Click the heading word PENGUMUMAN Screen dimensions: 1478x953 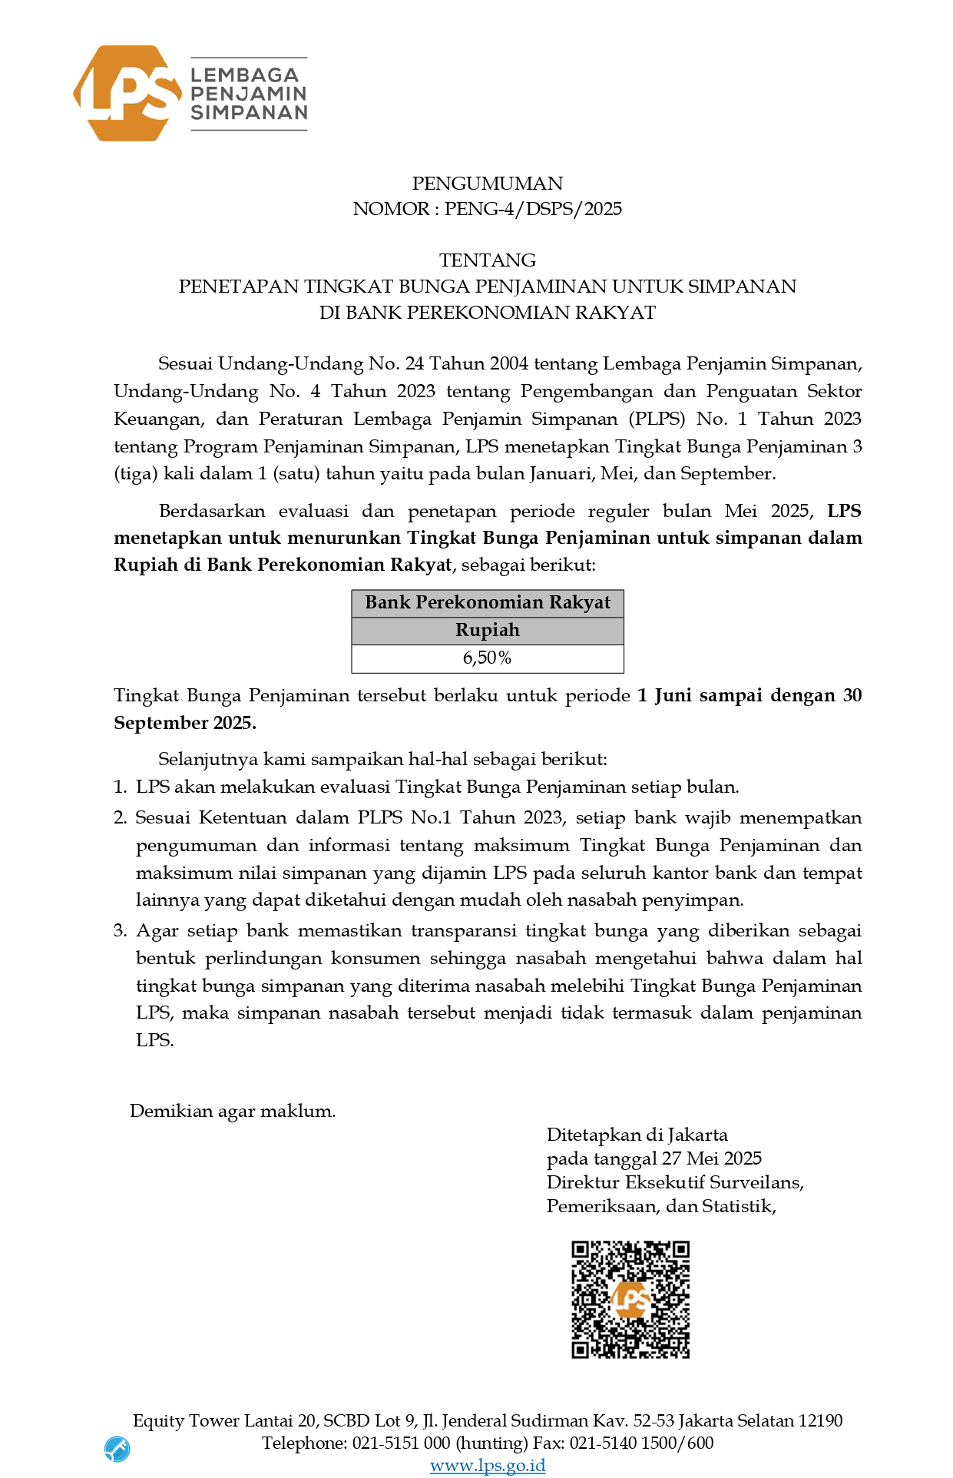tap(487, 184)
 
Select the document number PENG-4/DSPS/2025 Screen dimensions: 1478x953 tap(533, 209)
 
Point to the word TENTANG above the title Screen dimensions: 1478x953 tap(487, 260)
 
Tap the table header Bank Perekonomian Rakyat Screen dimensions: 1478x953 tap(487, 603)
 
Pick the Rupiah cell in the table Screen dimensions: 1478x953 tap(487, 631)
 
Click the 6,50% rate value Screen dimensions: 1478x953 tap(487, 658)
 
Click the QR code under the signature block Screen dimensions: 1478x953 tap(630, 1299)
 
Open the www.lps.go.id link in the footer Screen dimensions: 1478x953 tap(487, 1466)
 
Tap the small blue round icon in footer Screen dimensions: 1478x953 tap(117, 1449)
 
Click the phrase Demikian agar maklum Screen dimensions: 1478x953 tap(232, 1111)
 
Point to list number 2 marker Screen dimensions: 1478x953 tap(120, 817)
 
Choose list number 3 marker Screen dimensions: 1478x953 tap(120, 931)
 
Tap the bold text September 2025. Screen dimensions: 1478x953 tap(184, 724)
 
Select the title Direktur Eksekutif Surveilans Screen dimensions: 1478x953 tap(674, 1182)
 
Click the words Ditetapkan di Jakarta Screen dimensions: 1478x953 tap(637, 1135)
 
